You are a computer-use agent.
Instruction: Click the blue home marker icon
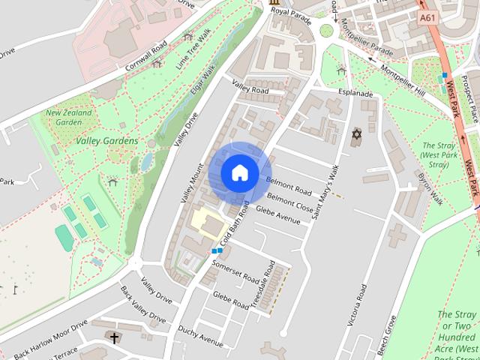239,172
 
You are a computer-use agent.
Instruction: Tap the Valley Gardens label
106,141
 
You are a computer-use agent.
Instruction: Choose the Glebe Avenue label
278,214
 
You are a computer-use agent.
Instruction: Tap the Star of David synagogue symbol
356,134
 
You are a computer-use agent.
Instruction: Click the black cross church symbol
114,338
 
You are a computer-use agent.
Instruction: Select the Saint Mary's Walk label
325,192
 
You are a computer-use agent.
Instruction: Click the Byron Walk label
430,189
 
